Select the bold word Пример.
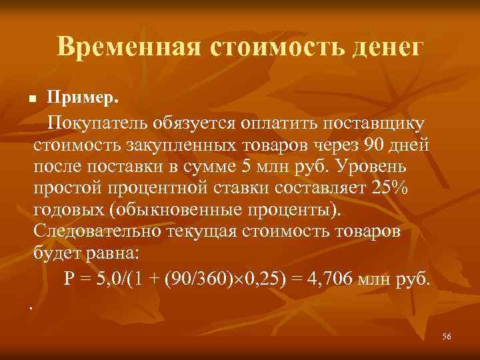(83, 99)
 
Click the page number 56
(446, 337)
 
